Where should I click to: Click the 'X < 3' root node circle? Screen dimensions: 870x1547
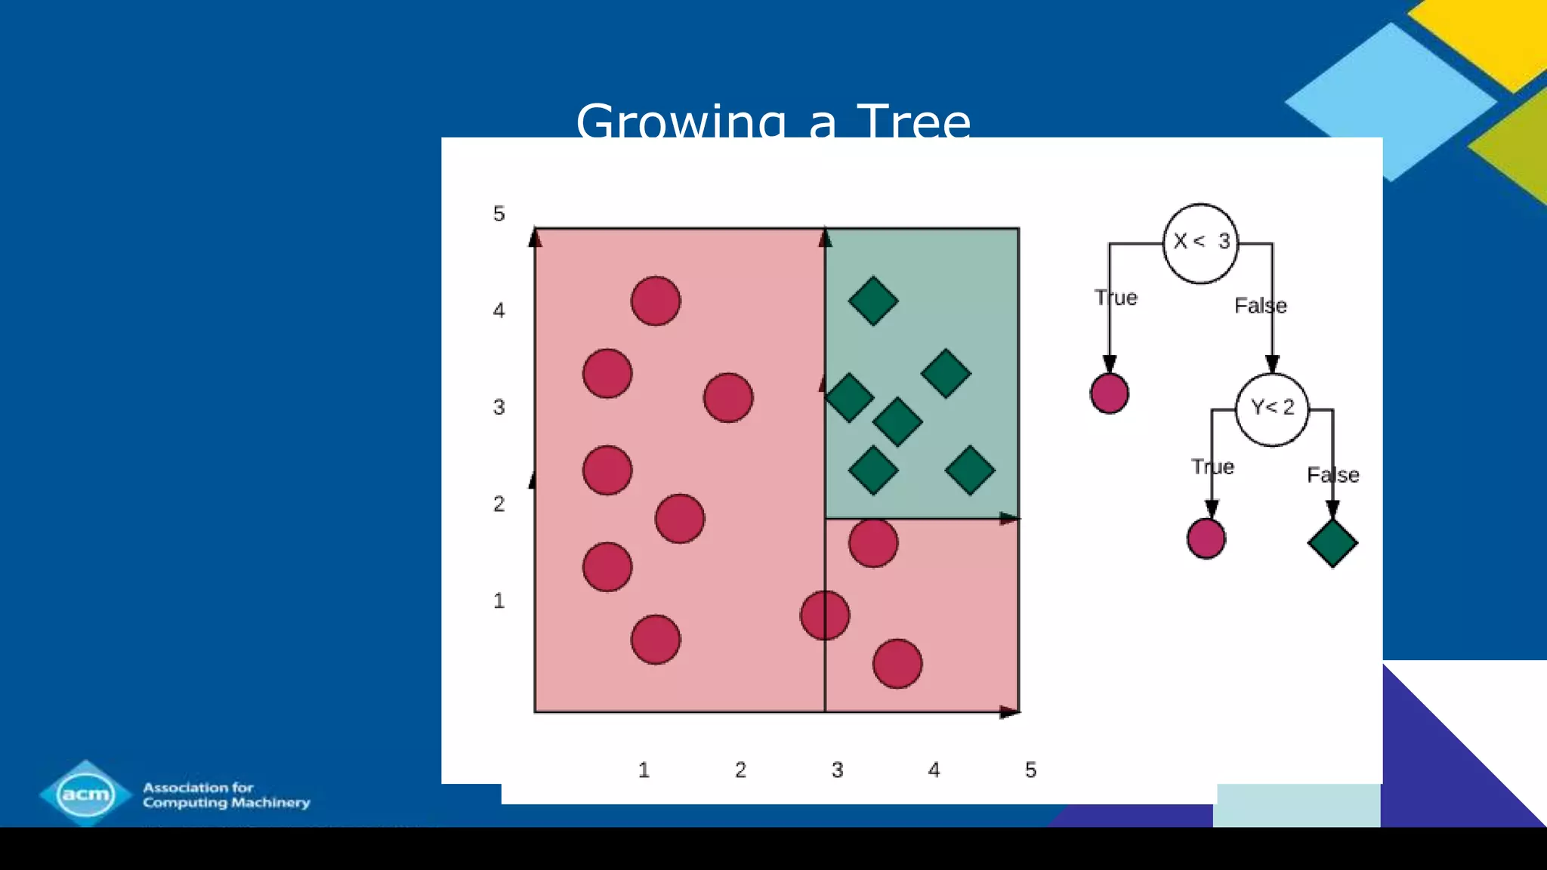tap(1200, 243)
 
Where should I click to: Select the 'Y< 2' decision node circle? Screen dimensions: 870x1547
tap(1272, 409)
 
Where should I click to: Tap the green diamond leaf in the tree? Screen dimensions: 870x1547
tap(1332, 542)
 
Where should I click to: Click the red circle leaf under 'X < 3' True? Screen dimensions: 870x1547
tap(1110, 393)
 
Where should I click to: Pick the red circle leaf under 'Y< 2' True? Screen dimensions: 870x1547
tap(1206, 538)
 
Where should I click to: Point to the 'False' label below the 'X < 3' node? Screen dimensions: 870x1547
tap(1260, 306)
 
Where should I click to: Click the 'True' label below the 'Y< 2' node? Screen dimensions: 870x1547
tap(1212, 467)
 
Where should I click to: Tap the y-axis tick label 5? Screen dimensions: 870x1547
tap(499, 214)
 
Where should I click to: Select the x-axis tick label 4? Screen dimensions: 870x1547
tap(934, 770)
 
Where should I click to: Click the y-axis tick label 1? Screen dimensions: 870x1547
tap(499, 601)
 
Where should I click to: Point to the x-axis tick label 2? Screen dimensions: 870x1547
tap(740, 770)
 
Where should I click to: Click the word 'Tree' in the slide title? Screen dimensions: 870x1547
tap(913, 122)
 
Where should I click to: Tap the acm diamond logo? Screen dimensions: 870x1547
tap(85, 794)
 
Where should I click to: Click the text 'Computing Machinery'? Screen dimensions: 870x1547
tap(227, 802)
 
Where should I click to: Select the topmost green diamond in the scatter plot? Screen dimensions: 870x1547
tap(873, 301)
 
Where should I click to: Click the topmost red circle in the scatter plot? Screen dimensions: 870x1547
tap(656, 301)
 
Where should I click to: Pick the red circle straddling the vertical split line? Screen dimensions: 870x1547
tap(825, 615)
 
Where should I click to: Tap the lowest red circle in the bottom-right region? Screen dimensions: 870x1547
tap(897, 664)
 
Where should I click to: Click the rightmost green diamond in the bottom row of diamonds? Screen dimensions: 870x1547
tap(970, 470)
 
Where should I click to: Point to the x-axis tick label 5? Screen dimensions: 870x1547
tap(1030, 770)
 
